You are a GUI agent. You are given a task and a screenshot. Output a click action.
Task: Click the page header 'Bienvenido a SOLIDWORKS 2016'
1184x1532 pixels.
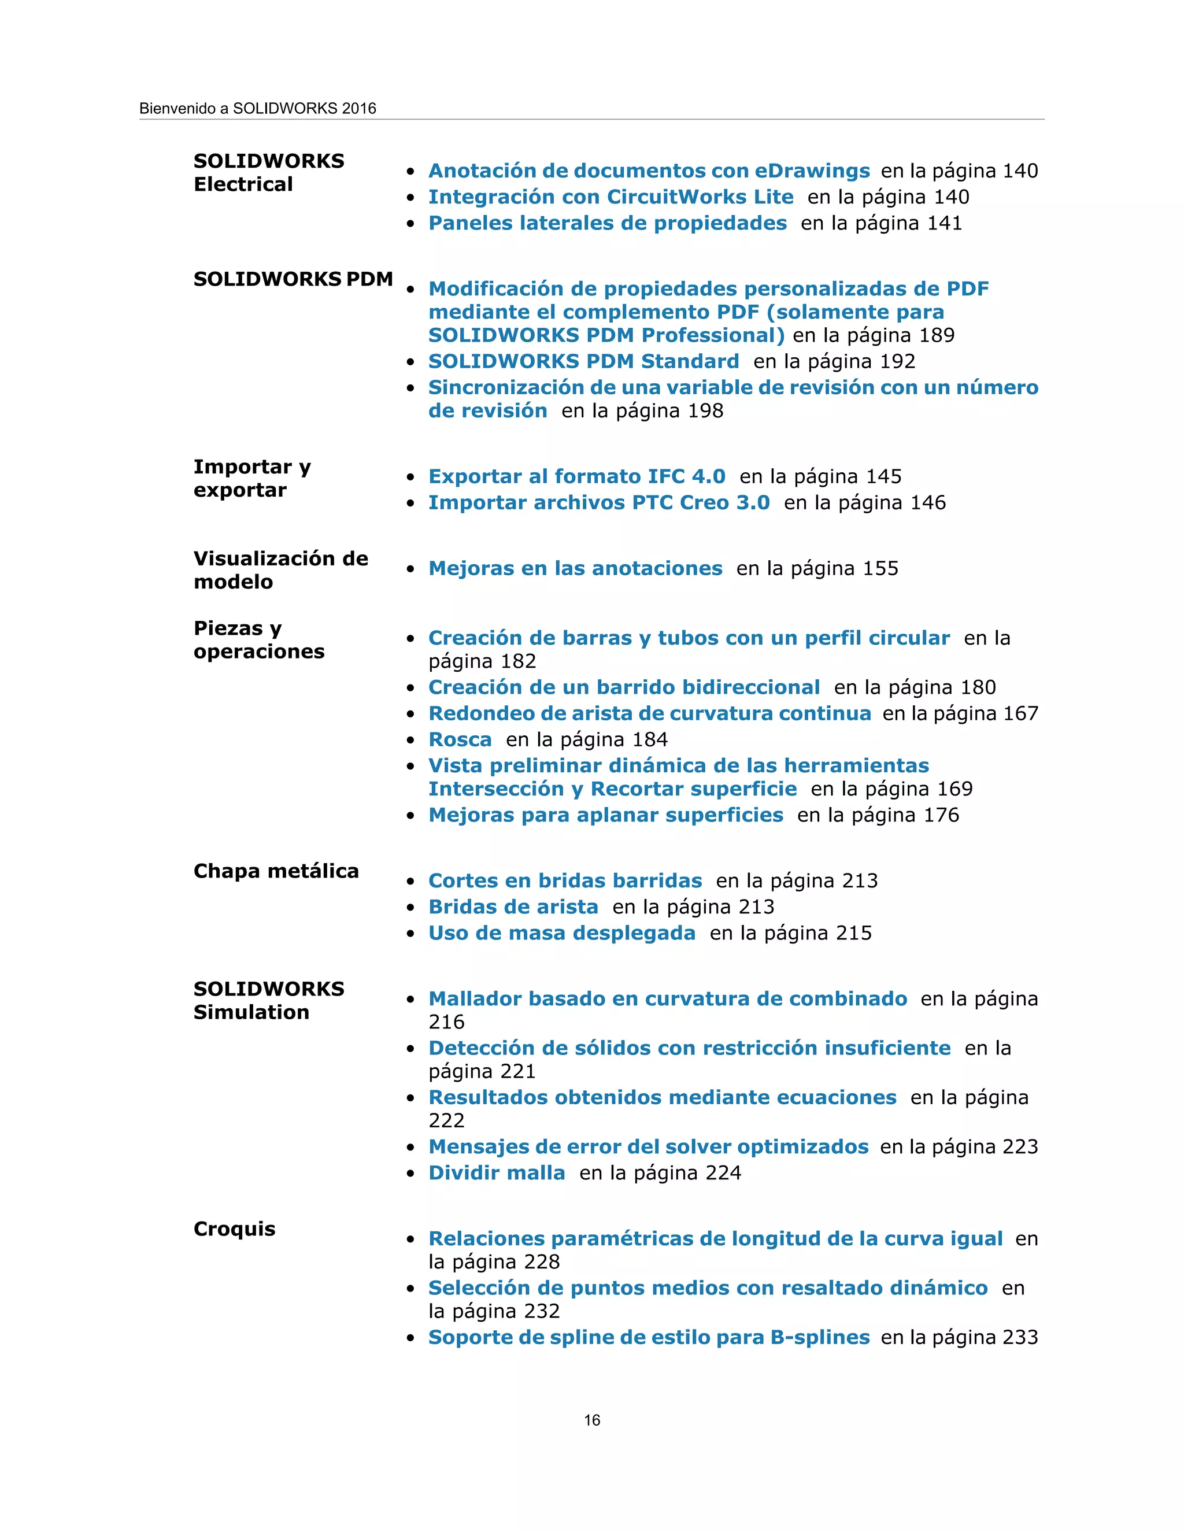[257, 109]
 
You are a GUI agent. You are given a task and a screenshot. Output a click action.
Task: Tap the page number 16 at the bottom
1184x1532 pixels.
[592, 1420]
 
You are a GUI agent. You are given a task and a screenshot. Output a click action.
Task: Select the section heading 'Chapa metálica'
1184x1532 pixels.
[276, 871]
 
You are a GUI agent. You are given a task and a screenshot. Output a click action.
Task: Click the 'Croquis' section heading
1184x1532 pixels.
[234, 1229]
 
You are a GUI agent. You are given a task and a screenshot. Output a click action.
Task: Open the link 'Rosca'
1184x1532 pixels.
[460, 739]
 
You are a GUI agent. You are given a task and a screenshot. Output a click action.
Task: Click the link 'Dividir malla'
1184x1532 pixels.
[497, 1173]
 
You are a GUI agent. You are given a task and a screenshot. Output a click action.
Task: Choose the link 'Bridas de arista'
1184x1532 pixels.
[513, 907]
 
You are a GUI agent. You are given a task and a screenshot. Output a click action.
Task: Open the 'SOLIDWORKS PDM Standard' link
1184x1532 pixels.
[583, 361]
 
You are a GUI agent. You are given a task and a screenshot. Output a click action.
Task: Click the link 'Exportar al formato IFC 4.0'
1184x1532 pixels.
[576, 476]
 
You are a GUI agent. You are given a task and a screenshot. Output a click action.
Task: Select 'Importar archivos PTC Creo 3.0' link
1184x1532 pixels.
[599, 502]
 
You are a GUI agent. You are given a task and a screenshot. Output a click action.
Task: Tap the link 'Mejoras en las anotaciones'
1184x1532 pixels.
[575, 568]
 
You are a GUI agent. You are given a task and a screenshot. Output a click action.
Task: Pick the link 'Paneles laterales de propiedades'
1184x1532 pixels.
[608, 223]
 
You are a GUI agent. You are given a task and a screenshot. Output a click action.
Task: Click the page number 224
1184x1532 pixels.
[723, 1173]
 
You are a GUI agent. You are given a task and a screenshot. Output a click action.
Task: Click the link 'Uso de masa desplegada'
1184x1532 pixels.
[562, 933]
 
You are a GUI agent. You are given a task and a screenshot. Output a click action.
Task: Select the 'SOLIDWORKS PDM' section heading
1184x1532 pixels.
[293, 279]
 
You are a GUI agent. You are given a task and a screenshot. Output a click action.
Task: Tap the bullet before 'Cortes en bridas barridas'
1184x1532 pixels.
[411, 882]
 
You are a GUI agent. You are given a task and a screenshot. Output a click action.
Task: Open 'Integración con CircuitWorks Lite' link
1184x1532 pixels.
[611, 197]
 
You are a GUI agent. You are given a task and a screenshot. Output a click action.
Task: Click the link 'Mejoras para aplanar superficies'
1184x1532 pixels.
[605, 815]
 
